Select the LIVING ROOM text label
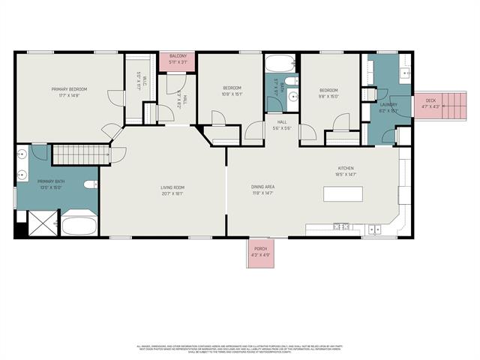point(172,187)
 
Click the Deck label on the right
point(430,100)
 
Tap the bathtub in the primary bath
point(79,226)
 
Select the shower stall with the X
point(41,223)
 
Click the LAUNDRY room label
point(388,105)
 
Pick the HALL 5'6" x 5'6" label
point(282,124)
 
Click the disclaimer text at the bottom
point(239,349)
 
